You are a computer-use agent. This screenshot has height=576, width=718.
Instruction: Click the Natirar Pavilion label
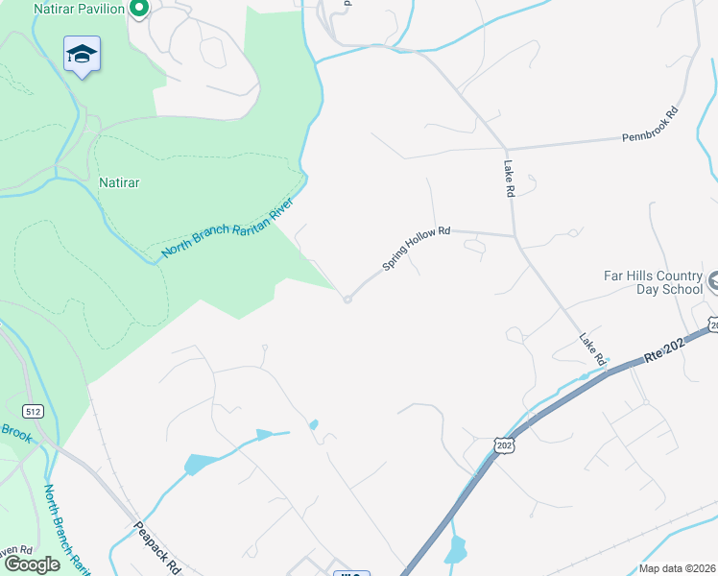79,9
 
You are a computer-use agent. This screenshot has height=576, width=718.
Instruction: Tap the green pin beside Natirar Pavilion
138,10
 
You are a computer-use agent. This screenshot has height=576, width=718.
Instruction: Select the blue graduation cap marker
83,55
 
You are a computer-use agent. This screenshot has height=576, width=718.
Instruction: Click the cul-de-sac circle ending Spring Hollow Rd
347,300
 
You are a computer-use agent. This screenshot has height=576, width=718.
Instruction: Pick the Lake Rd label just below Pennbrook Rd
509,179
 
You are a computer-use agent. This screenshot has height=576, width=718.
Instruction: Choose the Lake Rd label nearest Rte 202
591,348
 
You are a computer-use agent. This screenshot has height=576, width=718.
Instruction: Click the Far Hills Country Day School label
653,281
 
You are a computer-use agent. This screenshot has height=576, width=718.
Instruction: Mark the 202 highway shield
505,445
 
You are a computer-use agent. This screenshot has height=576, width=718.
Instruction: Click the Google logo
31,564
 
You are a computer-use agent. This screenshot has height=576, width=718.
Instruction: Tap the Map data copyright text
677,568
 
